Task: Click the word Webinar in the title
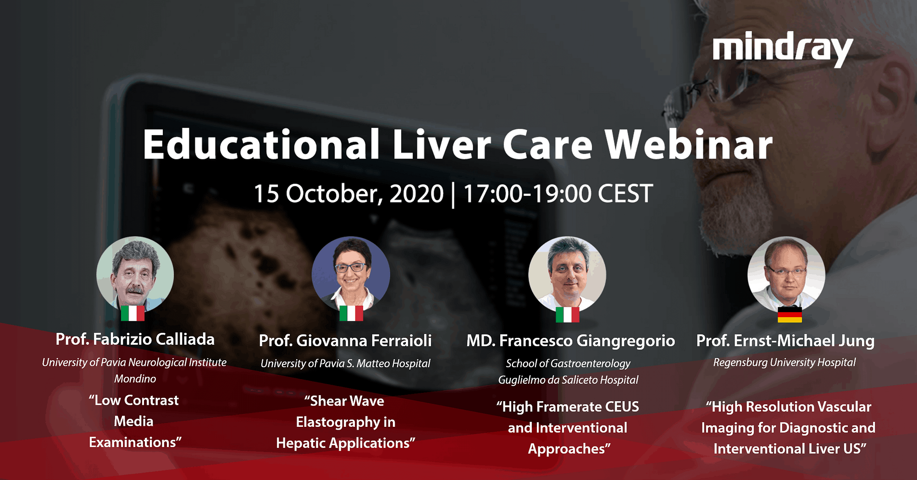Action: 689,145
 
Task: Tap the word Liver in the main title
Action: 442,145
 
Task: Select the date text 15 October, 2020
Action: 349,193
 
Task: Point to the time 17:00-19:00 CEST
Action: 558,193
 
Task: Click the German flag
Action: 790,314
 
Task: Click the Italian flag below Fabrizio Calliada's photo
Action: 133,313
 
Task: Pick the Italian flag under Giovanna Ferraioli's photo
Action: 351,313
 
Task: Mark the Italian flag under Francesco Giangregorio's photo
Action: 568,314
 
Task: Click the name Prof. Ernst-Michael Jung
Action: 785,341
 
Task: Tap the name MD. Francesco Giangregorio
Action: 571,341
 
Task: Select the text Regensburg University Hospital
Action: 784,362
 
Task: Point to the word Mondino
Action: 135,379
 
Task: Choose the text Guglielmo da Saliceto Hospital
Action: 569,380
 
